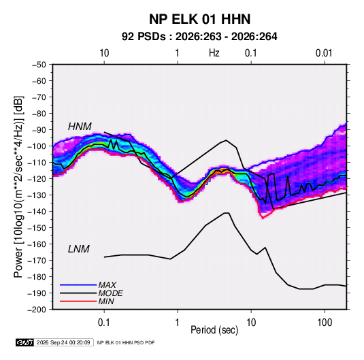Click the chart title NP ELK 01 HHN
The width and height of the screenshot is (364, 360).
click(x=199, y=19)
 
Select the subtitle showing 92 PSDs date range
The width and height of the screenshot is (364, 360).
click(x=199, y=37)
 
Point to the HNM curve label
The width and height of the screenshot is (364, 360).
click(x=80, y=127)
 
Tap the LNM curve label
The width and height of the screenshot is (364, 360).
click(x=79, y=249)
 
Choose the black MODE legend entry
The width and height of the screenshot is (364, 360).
click(x=91, y=293)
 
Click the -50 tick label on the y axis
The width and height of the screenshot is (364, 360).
click(x=39, y=65)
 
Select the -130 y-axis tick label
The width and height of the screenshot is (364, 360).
click(x=37, y=195)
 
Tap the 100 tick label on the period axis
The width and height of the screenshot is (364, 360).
click(x=325, y=323)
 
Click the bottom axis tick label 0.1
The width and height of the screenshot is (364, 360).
click(x=104, y=323)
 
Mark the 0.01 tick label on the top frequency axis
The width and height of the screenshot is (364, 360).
click(x=324, y=53)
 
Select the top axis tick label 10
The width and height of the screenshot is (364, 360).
click(x=104, y=53)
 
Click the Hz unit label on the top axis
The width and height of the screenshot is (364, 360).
click(x=214, y=53)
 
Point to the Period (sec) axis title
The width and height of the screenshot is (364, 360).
click(x=214, y=330)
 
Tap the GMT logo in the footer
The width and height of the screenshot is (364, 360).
click(x=24, y=342)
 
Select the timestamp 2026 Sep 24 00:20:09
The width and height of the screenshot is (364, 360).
click(x=63, y=342)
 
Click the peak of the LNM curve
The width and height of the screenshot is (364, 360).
click(x=227, y=213)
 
